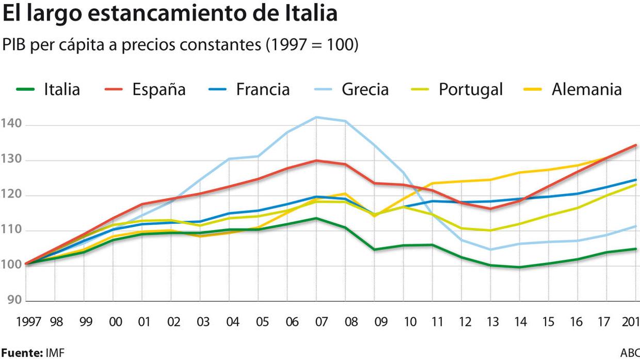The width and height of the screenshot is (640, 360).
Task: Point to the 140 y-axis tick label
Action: tap(11, 124)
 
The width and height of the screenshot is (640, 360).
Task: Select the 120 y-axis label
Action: tap(11, 195)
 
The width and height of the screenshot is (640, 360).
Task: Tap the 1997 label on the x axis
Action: tap(29, 322)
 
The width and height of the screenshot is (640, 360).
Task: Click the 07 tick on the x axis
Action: tap(321, 322)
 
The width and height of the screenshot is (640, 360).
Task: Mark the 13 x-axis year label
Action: tap(492, 322)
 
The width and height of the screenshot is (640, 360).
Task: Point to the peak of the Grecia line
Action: tap(316, 117)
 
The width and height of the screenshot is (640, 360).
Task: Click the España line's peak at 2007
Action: tap(316, 160)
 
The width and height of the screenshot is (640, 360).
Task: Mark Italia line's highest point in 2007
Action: tap(316, 218)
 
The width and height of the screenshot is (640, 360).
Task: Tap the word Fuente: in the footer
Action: tap(21, 353)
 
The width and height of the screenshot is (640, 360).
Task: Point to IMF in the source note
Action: tap(55, 353)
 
